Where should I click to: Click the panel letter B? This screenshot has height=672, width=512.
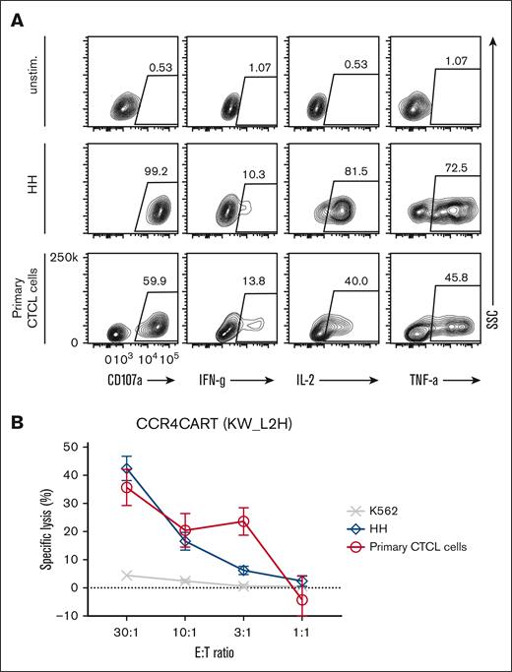17,425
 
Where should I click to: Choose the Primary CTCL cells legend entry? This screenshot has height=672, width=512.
419,546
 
